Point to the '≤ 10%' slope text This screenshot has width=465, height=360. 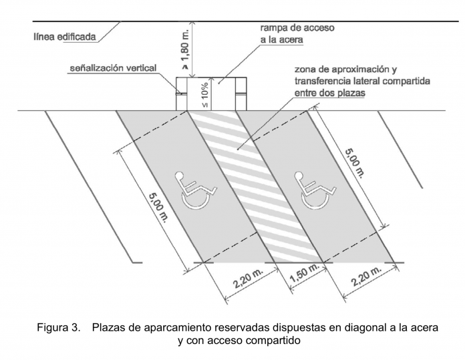206,95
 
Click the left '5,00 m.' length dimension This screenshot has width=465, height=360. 154,206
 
